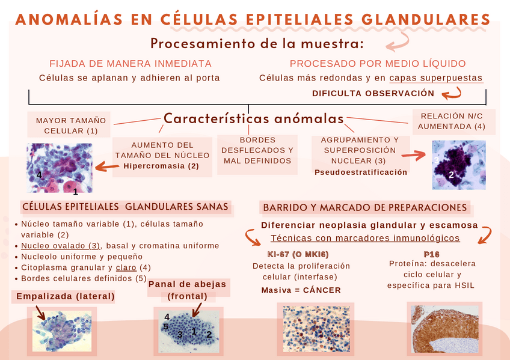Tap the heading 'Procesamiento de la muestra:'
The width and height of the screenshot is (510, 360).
tap(257, 44)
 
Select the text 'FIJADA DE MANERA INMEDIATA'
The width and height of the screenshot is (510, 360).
tap(130, 64)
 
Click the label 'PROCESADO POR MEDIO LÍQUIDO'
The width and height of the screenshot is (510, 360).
tap(378, 64)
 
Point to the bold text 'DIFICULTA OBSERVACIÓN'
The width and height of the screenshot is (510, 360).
tap(373, 93)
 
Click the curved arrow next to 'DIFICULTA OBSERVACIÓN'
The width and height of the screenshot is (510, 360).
tap(452, 93)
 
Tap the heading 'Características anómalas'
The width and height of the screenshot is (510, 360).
tap(253, 118)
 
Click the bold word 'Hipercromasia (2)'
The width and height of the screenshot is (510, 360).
tap(161, 166)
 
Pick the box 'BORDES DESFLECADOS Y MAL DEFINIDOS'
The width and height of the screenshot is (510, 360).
tap(257, 150)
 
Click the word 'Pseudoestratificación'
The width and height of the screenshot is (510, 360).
tap(361, 172)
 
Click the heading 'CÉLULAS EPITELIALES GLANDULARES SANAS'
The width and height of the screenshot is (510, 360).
tap(125, 207)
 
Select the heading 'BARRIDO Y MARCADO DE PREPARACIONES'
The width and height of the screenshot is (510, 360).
tap(365, 208)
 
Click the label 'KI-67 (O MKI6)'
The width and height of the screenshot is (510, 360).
tap(293, 254)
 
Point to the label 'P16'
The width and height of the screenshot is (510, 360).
tap(431, 254)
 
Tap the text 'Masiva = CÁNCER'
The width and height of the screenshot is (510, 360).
tap(301, 290)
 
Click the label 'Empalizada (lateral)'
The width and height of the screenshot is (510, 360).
tap(65, 296)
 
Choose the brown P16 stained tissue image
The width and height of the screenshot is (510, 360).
tap(446, 329)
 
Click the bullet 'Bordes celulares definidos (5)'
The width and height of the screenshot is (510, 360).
tap(84, 278)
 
